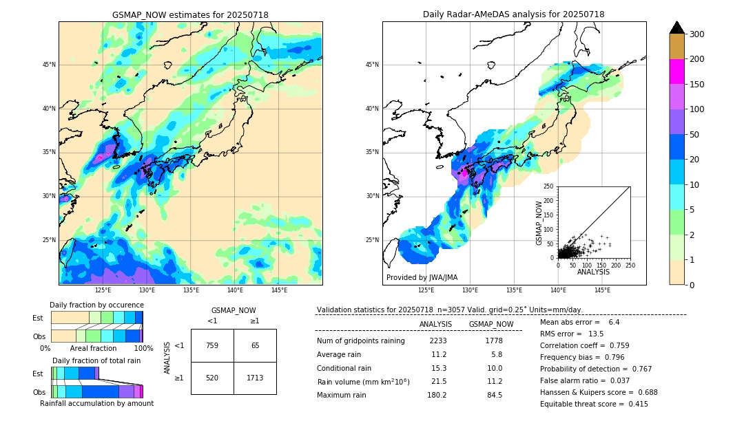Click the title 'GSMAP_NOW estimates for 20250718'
[190, 15]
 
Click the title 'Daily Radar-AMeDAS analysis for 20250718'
[514, 15]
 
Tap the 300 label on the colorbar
[697, 34]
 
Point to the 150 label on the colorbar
[697, 85]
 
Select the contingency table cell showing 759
[212, 345]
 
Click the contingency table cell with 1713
[255, 378]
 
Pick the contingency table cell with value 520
[212, 378]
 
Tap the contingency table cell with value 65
[255, 345]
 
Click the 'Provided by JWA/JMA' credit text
[422, 278]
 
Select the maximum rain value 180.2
[437, 395]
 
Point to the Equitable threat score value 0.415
[633, 404]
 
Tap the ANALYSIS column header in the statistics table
[435, 324]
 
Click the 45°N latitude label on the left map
[49, 65]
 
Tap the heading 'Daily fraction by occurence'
[95, 305]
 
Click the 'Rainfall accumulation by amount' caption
[96, 403]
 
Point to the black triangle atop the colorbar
[677, 28]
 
